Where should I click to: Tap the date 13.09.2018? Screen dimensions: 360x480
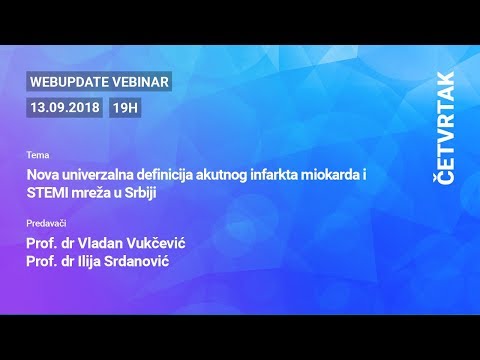click(x=65, y=106)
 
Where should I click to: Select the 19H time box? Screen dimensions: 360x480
click(x=125, y=106)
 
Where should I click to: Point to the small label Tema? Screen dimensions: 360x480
click(x=37, y=156)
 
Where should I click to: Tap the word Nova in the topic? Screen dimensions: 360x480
click(x=43, y=174)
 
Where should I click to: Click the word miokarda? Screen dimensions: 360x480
click(x=336, y=174)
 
